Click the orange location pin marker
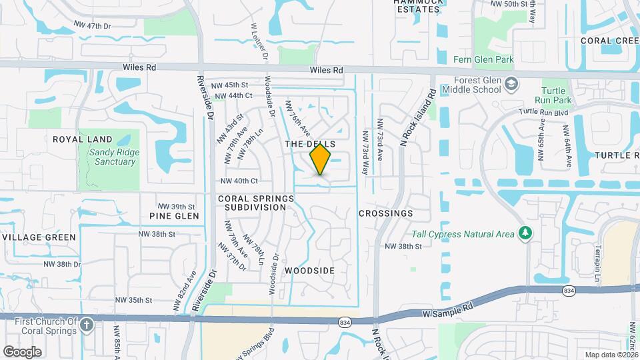tap(321, 159)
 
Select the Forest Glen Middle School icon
tap(511, 84)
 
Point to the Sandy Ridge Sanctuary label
tap(110, 157)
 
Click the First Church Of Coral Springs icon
tap(86, 325)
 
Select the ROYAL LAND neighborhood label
tap(83, 139)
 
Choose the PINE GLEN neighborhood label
tap(174, 216)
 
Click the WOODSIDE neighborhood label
tap(309, 271)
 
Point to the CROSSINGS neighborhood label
tap(385, 213)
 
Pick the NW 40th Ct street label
tap(239, 181)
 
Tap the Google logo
tap(23, 351)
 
